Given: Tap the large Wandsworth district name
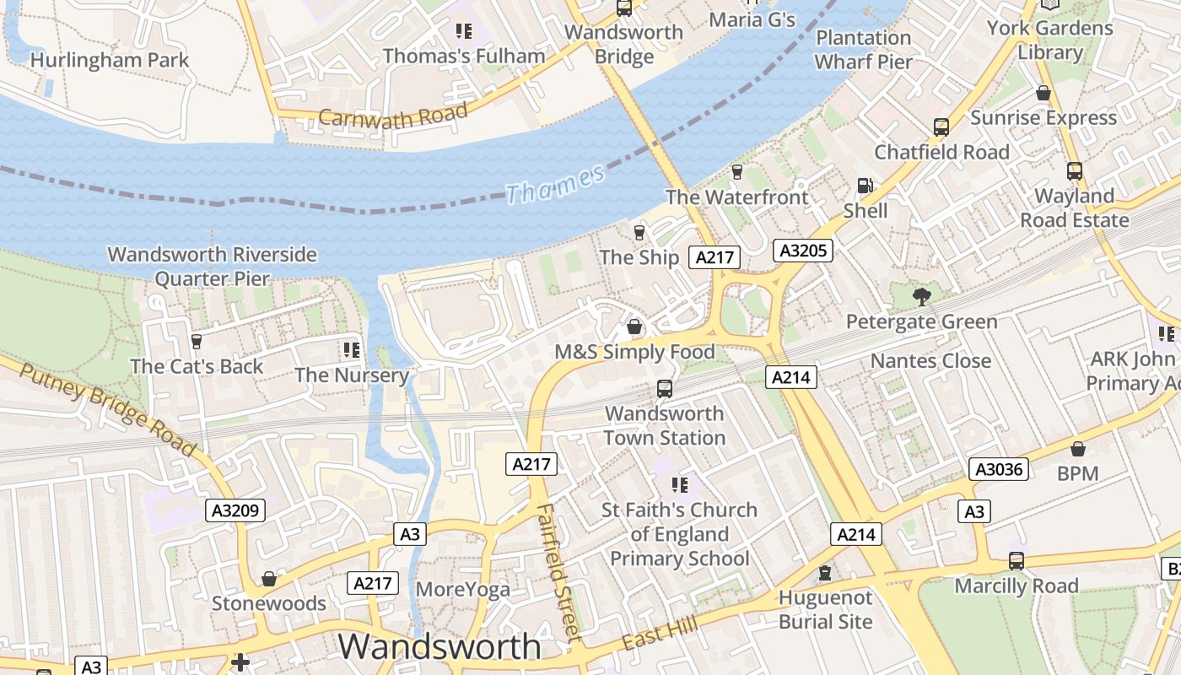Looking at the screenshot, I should pyautogui.click(x=440, y=646).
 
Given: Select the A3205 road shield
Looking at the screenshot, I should pyautogui.click(x=803, y=251).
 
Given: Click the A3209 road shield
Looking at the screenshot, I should pyautogui.click(x=235, y=510).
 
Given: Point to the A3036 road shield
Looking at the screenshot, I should pyautogui.click(x=999, y=469).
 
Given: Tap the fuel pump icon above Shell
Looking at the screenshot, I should pyautogui.click(x=865, y=186).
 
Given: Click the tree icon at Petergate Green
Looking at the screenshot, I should pyautogui.click(x=921, y=296).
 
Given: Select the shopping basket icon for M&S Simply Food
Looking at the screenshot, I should pyautogui.click(x=634, y=327).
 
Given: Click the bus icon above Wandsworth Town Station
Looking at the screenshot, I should pyautogui.click(x=665, y=389).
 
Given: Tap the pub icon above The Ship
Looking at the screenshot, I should pyautogui.click(x=639, y=232).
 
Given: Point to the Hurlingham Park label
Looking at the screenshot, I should pyautogui.click(x=110, y=60).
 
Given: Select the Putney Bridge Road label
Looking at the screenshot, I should pyautogui.click(x=107, y=411).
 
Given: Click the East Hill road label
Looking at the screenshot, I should pyautogui.click(x=660, y=632).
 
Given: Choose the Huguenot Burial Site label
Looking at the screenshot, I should pyautogui.click(x=825, y=609).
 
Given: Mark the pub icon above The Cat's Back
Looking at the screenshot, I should pyautogui.click(x=196, y=341).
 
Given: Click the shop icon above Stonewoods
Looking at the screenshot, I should pyautogui.click(x=269, y=579).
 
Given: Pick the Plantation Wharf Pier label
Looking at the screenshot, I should pyautogui.click(x=863, y=50).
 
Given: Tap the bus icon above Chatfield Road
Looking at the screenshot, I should pyautogui.click(x=941, y=127).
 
